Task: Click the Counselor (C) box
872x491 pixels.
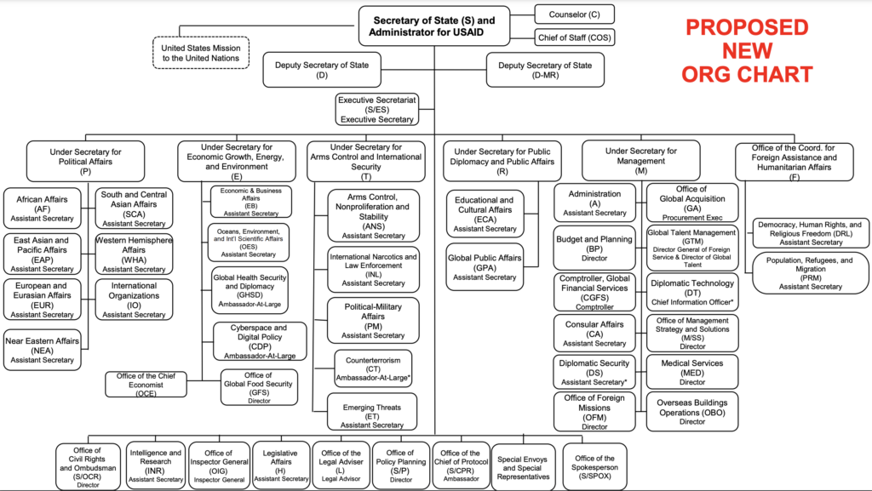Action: tap(575, 14)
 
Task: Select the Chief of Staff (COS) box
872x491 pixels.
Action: tap(575, 37)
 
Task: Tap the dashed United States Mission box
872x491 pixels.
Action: tap(201, 53)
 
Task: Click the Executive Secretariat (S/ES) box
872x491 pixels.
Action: tap(376, 110)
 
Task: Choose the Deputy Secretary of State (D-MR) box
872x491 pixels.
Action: tap(545, 70)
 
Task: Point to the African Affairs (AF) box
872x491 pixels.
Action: tap(43, 208)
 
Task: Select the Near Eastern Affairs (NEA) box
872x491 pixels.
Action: tap(43, 351)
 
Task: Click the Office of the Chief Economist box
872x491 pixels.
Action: tap(146, 385)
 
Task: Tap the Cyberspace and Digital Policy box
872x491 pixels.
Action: tap(260, 341)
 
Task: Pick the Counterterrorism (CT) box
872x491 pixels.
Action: tap(373, 368)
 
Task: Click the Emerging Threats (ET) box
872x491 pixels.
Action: tap(372, 412)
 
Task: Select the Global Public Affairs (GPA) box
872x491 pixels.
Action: tap(485, 266)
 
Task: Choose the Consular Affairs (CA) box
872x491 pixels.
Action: tap(594, 334)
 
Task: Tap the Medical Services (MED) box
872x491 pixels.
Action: tap(692, 372)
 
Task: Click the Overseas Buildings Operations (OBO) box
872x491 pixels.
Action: tap(692, 412)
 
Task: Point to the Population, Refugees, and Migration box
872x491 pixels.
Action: tap(810, 273)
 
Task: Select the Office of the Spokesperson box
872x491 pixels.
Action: tap(594, 466)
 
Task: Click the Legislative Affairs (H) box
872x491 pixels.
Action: tap(281, 465)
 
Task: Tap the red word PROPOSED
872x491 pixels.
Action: tap(747, 28)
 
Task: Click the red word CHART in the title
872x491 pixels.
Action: tap(780, 74)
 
